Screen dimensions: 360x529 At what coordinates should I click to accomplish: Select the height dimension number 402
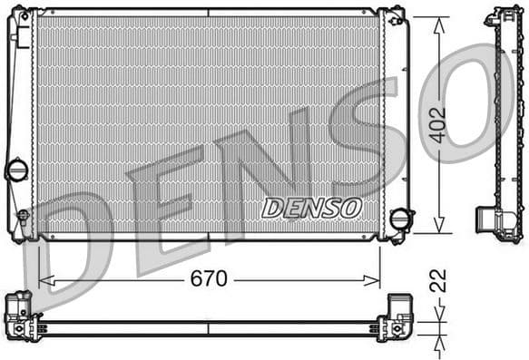(x=438, y=125)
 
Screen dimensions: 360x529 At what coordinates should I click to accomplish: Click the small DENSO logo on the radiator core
(x=311, y=208)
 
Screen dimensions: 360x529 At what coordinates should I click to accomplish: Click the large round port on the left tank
(x=16, y=170)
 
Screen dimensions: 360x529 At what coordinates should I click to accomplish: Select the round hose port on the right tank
(x=398, y=219)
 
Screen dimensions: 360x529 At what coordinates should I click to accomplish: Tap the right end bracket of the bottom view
(x=396, y=316)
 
